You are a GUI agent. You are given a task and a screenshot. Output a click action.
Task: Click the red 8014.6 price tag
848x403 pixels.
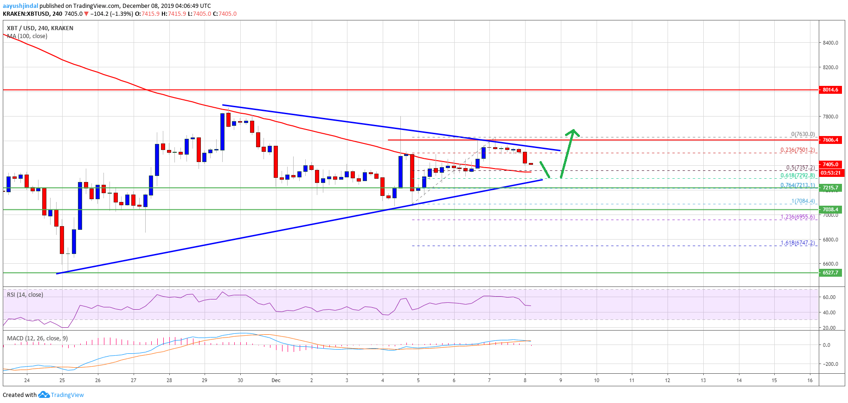[x=830, y=90]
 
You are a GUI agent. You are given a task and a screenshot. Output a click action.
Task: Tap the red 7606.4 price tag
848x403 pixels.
[x=830, y=140]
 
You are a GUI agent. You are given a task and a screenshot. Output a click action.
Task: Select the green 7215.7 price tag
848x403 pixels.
[x=830, y=188]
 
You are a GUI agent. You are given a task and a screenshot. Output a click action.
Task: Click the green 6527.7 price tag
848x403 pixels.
[x=830, y=273]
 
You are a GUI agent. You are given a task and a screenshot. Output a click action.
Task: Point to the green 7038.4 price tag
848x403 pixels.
[x=830, y=209]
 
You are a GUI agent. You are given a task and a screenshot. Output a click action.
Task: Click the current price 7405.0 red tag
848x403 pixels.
[x=830, y=164]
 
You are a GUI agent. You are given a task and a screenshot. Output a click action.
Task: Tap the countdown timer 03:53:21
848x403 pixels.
[x=830, y=173]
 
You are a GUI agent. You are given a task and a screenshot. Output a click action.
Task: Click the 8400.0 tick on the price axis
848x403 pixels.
[x=830, y=43]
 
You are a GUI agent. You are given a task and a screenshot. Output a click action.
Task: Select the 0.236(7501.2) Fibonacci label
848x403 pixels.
[x=797, y=150]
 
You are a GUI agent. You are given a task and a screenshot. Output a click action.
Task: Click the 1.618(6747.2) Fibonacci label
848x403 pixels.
[x=797, y=243]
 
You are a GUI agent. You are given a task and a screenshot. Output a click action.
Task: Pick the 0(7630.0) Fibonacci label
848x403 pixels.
[x=803, y=134]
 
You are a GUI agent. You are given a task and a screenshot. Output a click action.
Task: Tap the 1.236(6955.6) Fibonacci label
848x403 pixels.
[x=797, y=217]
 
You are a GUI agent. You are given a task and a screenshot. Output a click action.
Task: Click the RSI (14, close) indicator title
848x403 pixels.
[x=25, y=295]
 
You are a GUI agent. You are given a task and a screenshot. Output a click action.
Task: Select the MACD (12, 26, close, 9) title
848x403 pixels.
[x=37, y=338]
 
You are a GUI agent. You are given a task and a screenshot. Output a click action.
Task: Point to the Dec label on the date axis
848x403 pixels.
[x=276, y=380]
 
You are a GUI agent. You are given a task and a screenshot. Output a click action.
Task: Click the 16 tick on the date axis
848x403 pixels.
[x=809, y=380]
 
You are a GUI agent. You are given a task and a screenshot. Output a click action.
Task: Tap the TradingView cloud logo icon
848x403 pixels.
[x=44, y=395]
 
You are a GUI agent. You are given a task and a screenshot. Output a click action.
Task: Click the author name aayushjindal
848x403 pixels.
[x=20, y=6]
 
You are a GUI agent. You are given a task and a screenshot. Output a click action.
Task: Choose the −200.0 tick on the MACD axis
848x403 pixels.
[x=830, y=364]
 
